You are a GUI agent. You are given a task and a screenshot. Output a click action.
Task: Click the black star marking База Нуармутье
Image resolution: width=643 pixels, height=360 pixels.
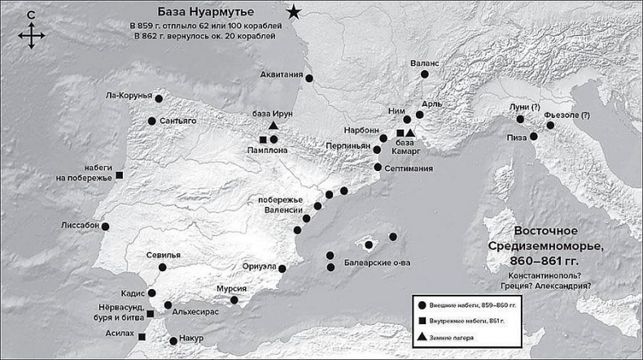294,11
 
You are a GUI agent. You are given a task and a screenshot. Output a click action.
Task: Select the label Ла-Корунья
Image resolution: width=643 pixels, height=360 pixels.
129,94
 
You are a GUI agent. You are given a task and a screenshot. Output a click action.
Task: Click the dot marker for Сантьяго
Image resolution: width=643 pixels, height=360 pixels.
152,121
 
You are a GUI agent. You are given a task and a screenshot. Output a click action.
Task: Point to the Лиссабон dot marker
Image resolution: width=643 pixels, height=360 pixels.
105,226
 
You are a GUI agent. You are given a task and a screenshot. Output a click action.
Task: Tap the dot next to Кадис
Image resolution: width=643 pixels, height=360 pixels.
152,292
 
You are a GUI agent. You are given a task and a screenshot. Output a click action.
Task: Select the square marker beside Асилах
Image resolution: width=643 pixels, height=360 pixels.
142,336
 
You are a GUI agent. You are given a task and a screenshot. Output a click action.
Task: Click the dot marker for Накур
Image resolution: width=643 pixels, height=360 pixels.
173,341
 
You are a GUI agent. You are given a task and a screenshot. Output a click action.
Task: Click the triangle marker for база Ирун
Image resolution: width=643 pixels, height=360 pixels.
273,126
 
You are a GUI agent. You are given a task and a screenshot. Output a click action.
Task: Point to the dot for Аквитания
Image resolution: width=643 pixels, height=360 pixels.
309,78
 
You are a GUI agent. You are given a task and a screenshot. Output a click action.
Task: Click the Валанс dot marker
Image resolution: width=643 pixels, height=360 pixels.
423,75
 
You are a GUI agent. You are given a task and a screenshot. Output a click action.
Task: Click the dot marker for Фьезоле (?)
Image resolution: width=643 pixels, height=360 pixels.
550,125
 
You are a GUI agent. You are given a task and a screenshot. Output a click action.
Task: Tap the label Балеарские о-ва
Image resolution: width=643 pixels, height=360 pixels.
377,264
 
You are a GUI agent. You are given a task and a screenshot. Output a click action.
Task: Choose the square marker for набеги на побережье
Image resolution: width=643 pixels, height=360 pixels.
120,175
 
